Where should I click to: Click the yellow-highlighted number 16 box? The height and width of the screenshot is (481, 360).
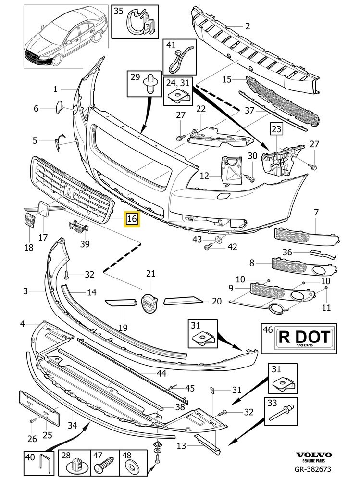point(132,220)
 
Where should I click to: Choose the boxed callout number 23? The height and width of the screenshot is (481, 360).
point(276,129)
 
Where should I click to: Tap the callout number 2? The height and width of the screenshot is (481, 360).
point(248,26)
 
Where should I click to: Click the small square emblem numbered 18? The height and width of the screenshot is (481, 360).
point(29,222)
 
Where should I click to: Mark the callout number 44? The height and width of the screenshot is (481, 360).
point(162,373)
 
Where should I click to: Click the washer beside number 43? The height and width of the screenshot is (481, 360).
point(219,239)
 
